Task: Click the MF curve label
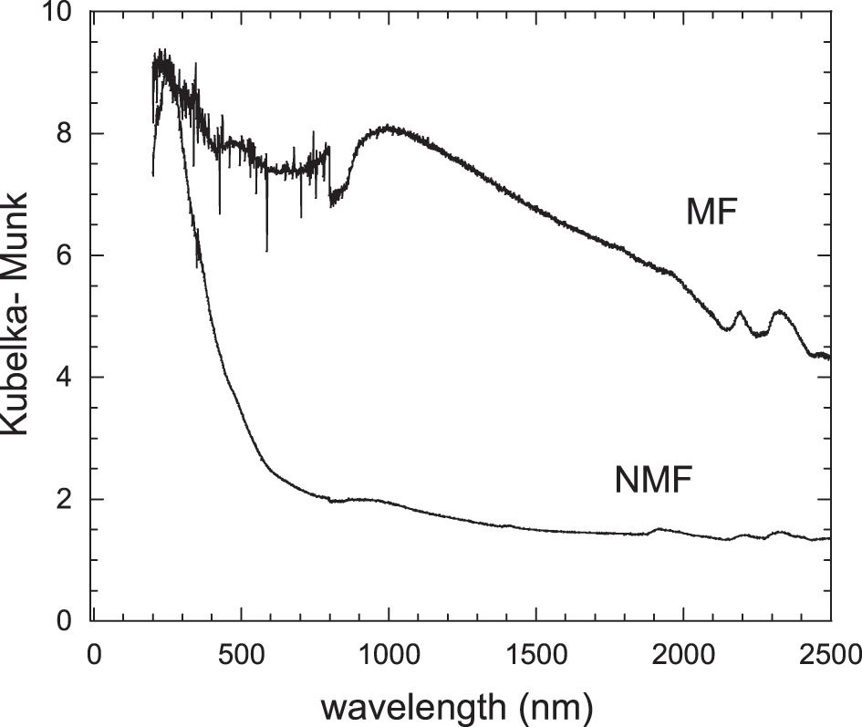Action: (x=711, y=213)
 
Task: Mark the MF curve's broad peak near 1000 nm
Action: (x=389, y=128)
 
